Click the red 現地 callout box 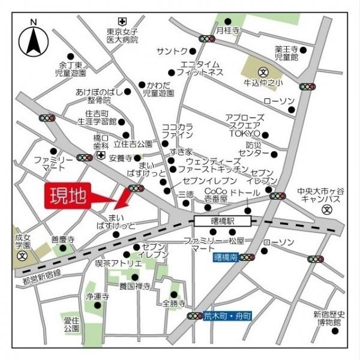point(67,196)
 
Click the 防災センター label point(253,149)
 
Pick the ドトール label point(245,193)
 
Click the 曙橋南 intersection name point(226,257)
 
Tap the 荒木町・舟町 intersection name point(228,316)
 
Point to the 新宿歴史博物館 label point(329,318)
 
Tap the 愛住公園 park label point(71,325)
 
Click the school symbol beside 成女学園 point(22,255)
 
